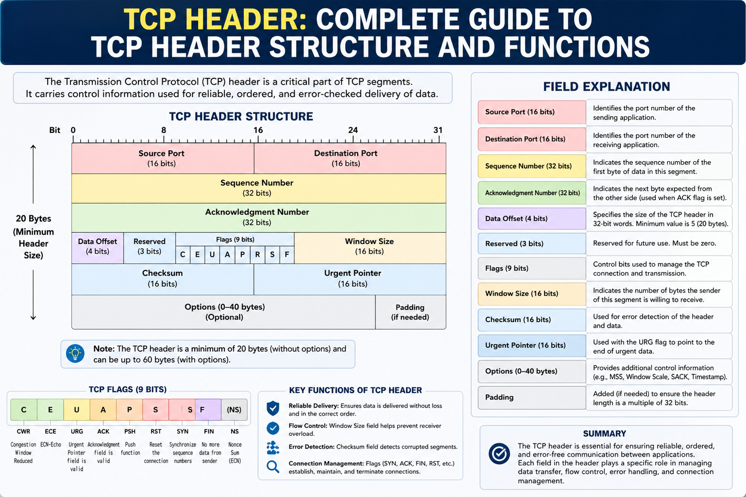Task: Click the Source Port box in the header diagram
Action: (163, 158)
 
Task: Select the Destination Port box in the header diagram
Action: (349, 158)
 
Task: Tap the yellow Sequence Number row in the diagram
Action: (259, 189)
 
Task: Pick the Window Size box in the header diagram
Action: (370, 248)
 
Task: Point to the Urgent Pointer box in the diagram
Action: (349, 279)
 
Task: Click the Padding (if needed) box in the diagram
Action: (411, 312)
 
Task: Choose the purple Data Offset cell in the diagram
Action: (98, 248)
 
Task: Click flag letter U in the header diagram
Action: (212, 255)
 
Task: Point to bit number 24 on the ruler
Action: (353, 130)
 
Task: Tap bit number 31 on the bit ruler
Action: (438, 130)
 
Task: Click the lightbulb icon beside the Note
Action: (75, 353)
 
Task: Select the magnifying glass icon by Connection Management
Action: (273, 467)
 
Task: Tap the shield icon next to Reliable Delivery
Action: (273, 408)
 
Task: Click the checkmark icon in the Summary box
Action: (499, 454)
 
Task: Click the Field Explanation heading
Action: (606, 86)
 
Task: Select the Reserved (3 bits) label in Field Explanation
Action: (514, 244)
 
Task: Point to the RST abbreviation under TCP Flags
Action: (156, 431)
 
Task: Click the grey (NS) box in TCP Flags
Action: (234, 410)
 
